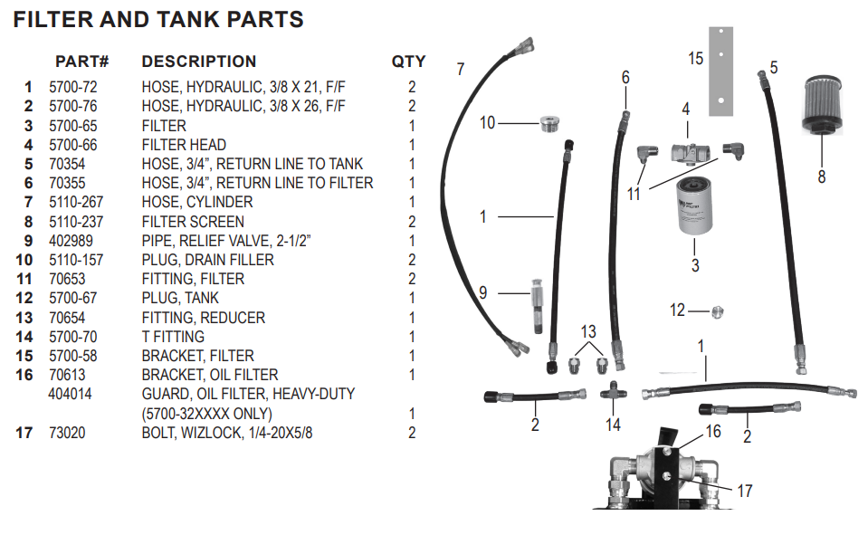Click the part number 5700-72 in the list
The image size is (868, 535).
[73, 88]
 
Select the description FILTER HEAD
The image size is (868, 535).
[184, 145]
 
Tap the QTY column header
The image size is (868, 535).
[408, 62]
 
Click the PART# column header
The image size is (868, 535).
[82, 62]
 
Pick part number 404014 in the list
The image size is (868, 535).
[70, 394]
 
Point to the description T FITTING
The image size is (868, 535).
[173, 337]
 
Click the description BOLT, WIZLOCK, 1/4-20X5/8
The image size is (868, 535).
[227, 433]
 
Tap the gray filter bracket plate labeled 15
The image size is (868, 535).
[720, 72]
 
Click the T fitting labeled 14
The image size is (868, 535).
[614, 394]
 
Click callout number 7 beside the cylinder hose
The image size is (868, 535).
[462, 70]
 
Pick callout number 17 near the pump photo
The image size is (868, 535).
[744, 492]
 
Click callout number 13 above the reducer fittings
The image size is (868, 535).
[588, 332]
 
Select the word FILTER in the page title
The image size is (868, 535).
[54, 19]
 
